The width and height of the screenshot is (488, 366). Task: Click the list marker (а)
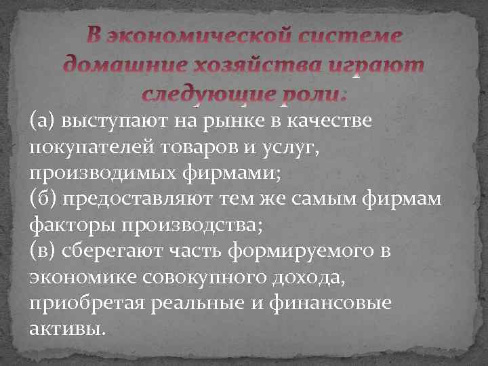[42, 121]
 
